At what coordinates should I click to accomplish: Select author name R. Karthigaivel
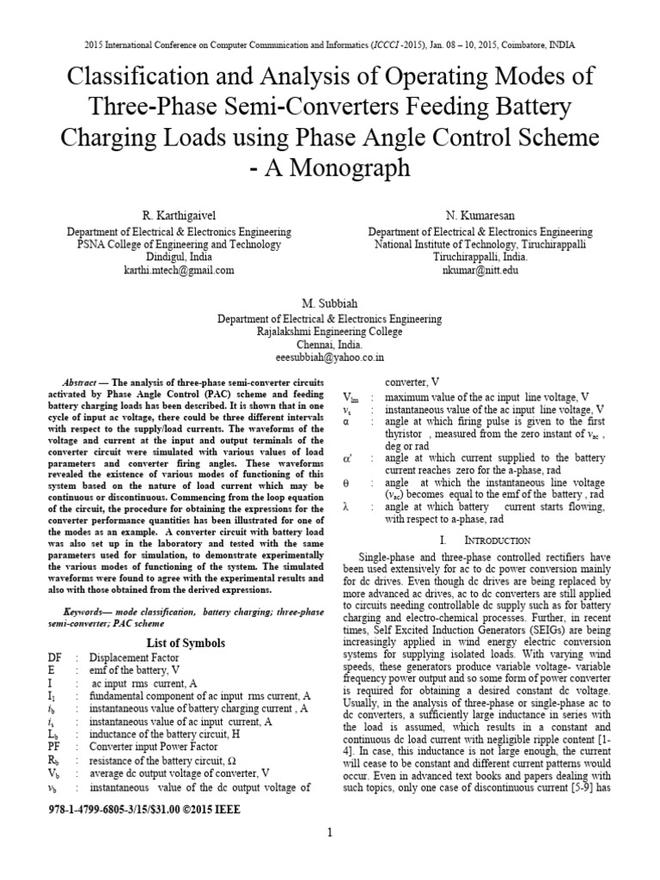pos(179,214)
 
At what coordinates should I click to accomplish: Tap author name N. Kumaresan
pos(480,214)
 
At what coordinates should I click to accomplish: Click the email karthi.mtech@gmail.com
pos(179,270)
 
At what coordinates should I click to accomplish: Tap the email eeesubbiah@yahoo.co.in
pos(329,356)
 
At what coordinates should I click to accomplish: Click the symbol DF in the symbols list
pos(55,657)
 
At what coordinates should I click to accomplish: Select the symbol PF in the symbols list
pos(55,748)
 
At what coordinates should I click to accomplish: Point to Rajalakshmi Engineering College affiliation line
pos(329,330)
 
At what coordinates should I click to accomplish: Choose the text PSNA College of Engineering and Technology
pos(179,244)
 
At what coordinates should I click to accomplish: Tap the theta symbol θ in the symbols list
pos(345,483)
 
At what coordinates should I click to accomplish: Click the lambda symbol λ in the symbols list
pos(345,507)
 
